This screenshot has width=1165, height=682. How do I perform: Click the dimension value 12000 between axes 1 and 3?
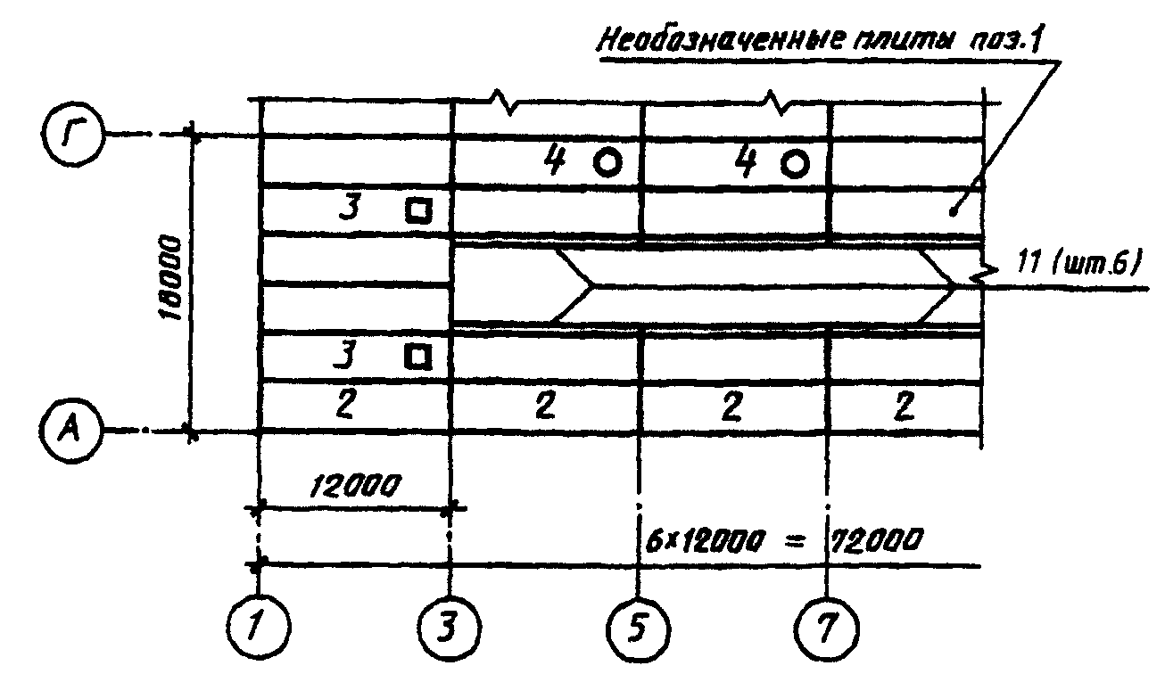tap(356, 486)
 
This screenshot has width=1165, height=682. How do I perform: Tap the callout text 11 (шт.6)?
tap(1080, 264)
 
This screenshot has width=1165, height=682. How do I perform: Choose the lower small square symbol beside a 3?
tap(417, 356)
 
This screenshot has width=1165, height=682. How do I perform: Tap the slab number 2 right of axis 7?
tap(905, 407)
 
